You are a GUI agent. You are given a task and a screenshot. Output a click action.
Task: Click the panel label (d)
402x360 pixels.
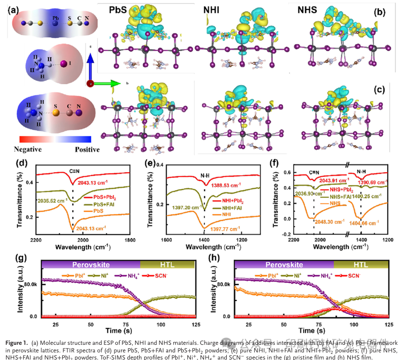(x=22, y=164)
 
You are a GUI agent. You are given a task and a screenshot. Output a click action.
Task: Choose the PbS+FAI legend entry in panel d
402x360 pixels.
(x=95, y=204)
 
